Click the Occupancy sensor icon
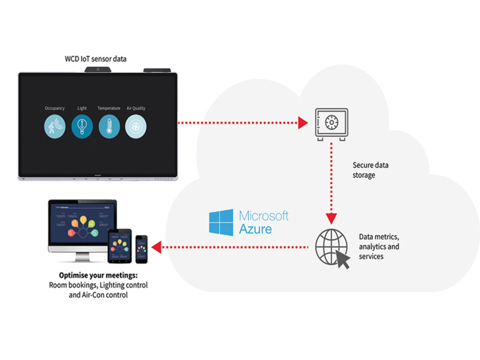pos(55,126)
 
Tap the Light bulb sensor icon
pos(82,126)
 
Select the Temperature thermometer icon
pos(109,126)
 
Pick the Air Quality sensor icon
pos(136,126)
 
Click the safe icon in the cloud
pos(331,123)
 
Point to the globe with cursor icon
pos(332,248)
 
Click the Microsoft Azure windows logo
pos(221,222)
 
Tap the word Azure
pos(255,229)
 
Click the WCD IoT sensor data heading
pos(96,59)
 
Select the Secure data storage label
pos(370,170)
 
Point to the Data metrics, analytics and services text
pos(379,246)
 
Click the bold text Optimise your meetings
pos(98,275)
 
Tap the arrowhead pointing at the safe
pos(303,123)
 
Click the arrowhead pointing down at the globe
pos(331,218)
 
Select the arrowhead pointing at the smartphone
pos(156,247)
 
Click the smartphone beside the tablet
pos(141,249)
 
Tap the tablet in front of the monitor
pos(120,246)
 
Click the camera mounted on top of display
pos(97,69)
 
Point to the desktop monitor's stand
pos(82,257)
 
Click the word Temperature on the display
pos(109,108)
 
